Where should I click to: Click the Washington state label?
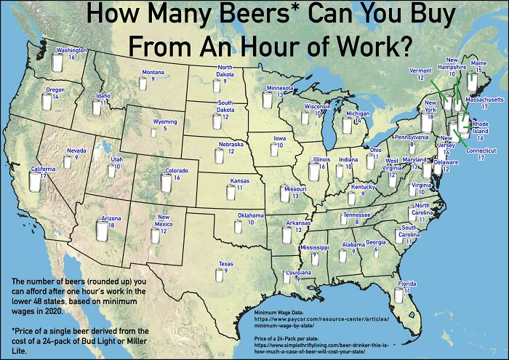pos(72,50)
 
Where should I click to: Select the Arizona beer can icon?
pos(102,230)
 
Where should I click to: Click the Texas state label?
pos(225,263)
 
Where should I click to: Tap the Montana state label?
pos(153,72)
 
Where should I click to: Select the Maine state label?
pos(478,63)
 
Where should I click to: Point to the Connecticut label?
pos(481,151)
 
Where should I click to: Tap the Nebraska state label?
pos(231,145)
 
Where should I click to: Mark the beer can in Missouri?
pos(285,193)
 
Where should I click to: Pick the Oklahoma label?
pos(251,215)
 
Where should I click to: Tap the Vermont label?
pos(421,71)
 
